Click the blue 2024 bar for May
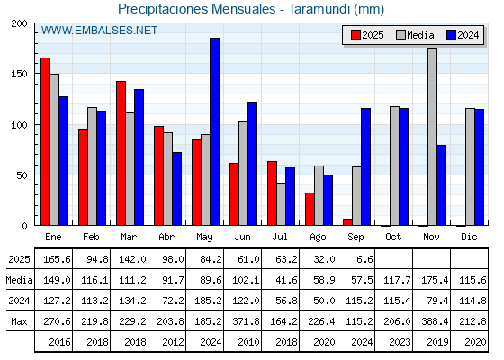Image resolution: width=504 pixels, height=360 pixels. tap(215, 131)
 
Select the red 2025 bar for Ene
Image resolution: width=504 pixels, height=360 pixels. tap(45, 141)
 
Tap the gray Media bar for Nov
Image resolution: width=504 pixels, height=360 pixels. tap(432, 137)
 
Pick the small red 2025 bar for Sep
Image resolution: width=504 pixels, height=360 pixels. tap(347, 221)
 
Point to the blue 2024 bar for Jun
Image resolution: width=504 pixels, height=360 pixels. tap(252, 164)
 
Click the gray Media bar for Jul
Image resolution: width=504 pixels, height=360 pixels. tap(281, 204)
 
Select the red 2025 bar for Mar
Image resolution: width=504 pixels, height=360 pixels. tap(121, 153)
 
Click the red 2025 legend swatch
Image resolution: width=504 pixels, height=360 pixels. tap(355, 35)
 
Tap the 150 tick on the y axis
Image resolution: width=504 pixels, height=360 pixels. tap(19, 74)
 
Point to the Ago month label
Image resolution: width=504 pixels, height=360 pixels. tap(318, 238)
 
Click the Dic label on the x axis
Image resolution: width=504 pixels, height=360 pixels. tap(469, 237)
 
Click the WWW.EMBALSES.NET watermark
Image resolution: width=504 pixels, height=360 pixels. tap(99, 31)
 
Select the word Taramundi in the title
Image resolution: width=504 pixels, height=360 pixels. tap(319, 9)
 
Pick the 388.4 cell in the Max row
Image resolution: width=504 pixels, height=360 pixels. tap(435, 321)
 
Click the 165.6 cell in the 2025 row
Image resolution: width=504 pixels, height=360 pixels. tap(57, 259)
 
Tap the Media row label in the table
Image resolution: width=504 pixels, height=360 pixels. tap(19, 280)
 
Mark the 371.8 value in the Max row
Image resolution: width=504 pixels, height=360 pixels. tap(246, 321)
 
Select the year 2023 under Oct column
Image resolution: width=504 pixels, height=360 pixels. tap(400, 342)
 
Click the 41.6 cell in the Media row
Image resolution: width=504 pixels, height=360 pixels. tap(286, 280)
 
